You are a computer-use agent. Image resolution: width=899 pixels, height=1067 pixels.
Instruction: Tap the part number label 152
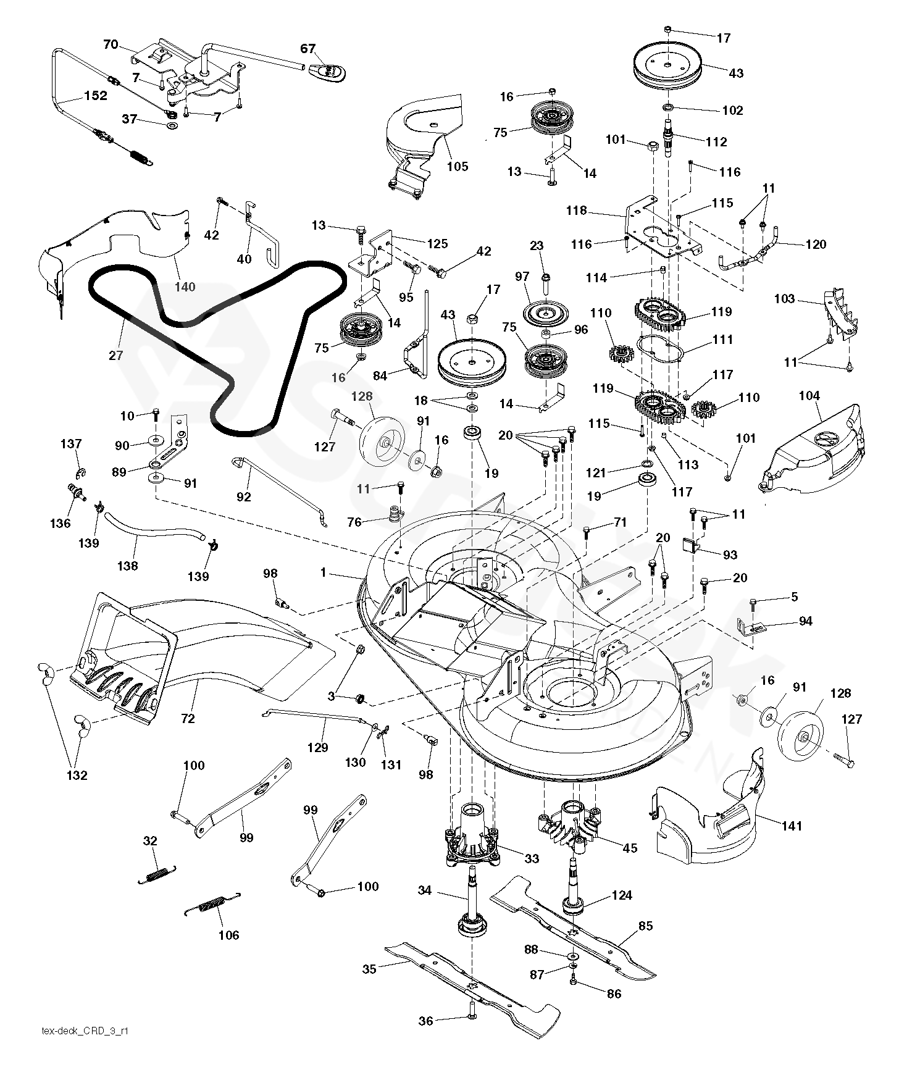96,96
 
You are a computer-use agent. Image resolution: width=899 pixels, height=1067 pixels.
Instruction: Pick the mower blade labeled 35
472,986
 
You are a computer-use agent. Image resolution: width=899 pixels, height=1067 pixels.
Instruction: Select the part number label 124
621,895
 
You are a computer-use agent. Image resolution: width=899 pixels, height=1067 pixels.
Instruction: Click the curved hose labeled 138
154,529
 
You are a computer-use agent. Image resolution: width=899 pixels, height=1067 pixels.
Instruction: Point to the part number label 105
458,165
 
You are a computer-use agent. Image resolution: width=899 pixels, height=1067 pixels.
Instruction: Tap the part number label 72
188,718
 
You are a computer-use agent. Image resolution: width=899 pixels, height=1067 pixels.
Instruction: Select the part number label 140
185,287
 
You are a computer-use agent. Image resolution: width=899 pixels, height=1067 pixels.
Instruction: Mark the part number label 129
317,748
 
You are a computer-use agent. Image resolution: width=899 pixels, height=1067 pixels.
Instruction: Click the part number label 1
323,573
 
